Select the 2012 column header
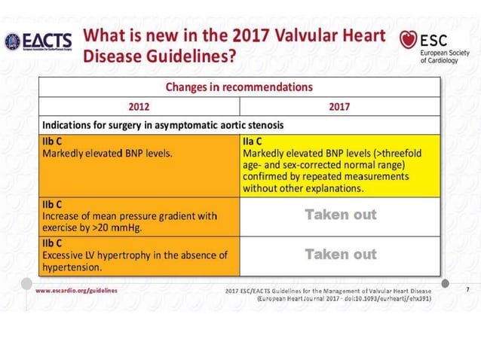point(139,106)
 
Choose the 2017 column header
point(339,106)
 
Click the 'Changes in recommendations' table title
point(239,87)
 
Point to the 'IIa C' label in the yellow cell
point(253,142)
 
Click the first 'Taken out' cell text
point(340,215)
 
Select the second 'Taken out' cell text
point(340,255)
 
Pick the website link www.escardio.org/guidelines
point(76,289)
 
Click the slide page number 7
point(446,290)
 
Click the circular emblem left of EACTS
point(13,41)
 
